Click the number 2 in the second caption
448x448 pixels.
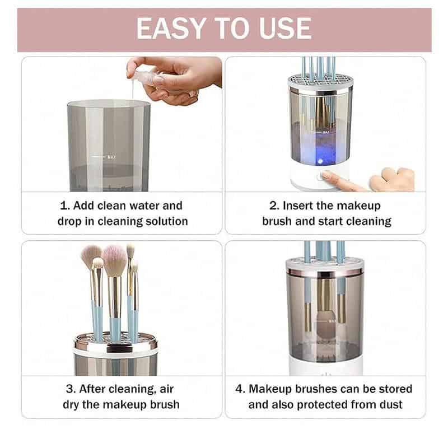(x=273, y=206)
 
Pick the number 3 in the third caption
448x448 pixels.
(x=67, y=389)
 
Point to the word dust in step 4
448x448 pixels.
(x=390, y=404)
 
